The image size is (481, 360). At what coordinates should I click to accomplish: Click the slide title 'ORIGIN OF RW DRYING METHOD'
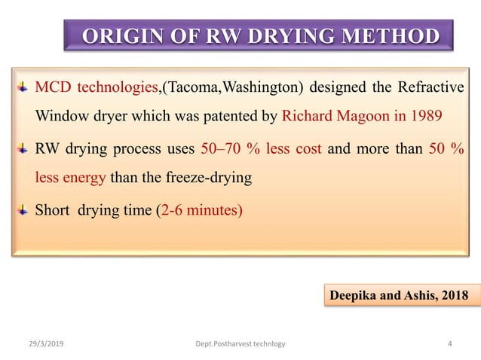pyautogui.click(x=259, y=37)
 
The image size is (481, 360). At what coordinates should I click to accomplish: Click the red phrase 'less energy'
pyautogui.click(x=71, y=178)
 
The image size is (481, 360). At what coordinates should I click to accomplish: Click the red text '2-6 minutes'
pyautogui.click(x=201, y=209)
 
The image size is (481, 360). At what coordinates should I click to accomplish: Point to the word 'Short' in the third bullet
pyautogui.click(x=53, y=209)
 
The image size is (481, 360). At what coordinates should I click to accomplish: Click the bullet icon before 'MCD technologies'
pyautogui.click(x=23, y=87)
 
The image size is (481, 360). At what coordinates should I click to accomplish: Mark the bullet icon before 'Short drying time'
pyautogui.click(x=23, y=208)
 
